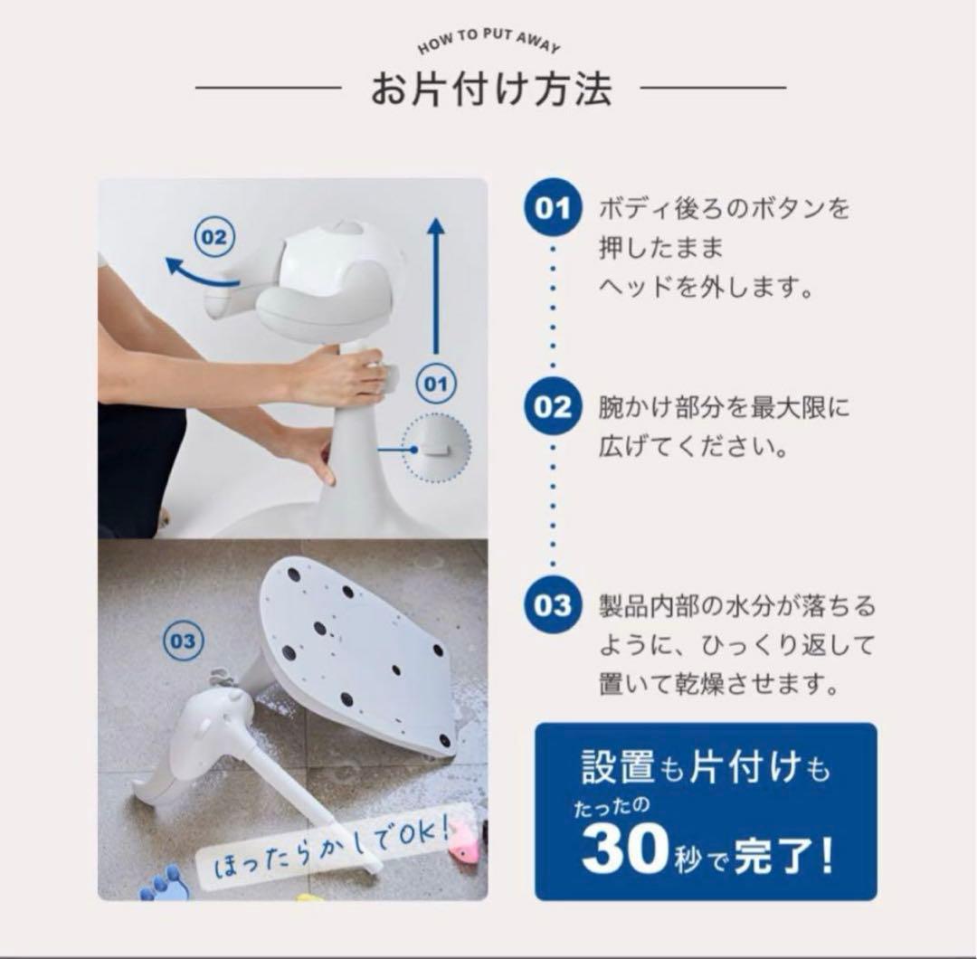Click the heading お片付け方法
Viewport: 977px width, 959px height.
(490, 89)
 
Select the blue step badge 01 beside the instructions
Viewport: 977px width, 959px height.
(553, 209)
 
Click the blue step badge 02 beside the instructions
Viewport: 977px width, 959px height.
(553, 407)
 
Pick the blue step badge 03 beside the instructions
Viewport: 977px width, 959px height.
(553, 604)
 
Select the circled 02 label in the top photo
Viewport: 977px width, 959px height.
(213, 238)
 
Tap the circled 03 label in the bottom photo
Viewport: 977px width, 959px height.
(182, 641)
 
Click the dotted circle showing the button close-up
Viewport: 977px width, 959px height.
(436, 449)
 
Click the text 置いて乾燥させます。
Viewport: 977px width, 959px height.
(725, 685)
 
